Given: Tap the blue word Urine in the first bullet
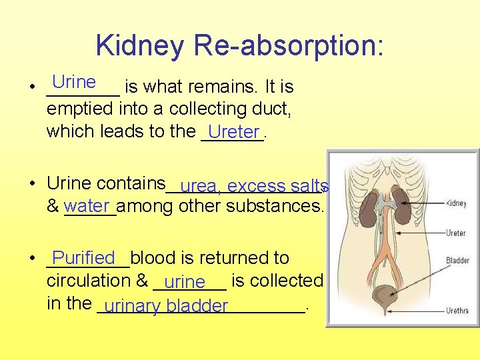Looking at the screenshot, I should click(74, 82).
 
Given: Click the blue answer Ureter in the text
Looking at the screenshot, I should click(233, 132).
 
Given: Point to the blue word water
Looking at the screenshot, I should click(87, 205).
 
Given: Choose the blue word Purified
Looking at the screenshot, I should click(84, 257).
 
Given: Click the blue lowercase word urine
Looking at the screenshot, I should click(184, 283).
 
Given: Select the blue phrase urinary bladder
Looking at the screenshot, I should click(166, 307).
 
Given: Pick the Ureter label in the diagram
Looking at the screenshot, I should click(456, 233).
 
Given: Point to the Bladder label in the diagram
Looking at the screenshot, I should click(457, 261).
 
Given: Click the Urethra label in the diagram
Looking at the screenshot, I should click(457, 311).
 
